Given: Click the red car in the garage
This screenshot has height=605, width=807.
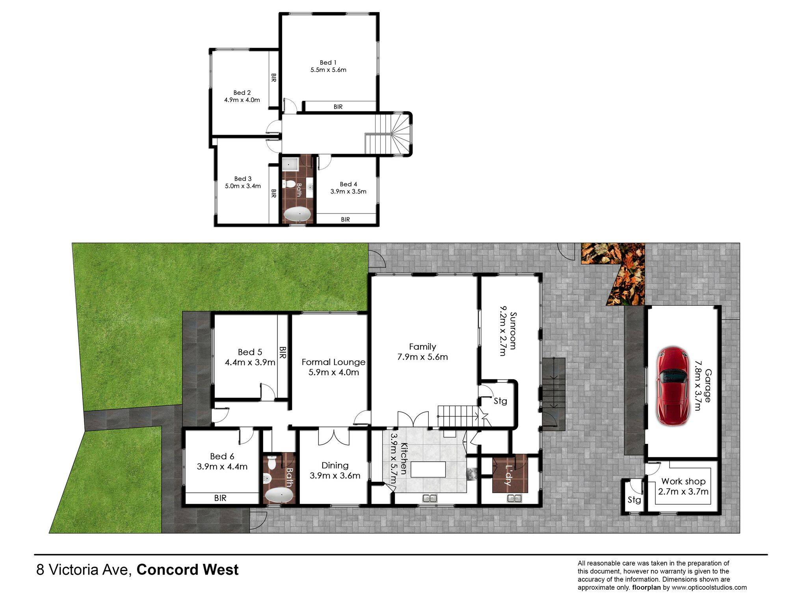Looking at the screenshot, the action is click(x=673, y=386).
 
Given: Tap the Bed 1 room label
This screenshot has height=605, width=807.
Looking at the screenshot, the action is click(x=328, y=63).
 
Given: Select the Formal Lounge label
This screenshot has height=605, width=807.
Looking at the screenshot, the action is click(x=333, y=362).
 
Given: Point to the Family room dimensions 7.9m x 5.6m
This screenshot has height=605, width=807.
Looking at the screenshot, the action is click(x=422, y=357).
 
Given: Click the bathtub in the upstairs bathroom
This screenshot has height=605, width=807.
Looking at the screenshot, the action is click(x=298, y=215).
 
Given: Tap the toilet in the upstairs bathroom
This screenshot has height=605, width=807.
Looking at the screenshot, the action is click(x=289, y=184).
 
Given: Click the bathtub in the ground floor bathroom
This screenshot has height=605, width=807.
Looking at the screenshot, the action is click(x=279, y=495).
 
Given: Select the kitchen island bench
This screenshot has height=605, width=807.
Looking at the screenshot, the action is click(x=428, y=470).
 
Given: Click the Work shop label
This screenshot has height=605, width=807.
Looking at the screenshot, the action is click(x=683, y=481).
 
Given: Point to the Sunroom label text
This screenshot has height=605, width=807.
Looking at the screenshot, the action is click(x=513, y=330).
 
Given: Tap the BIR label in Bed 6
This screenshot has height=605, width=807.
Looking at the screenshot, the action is click(x=220, y=498).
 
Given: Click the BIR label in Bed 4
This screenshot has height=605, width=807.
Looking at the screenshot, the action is click(x=346, y=219).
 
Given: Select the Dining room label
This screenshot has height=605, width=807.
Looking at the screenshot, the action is click(x=335, y=466).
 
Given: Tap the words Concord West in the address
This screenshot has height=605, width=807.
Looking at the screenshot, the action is click(x=188, y=570).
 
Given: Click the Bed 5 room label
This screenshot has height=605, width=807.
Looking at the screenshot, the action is click(x=250, y=352).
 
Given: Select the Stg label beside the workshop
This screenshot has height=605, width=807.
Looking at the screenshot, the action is click(x=634, y=500).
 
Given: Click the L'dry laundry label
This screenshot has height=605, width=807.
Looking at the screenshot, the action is click(x=510, y=475).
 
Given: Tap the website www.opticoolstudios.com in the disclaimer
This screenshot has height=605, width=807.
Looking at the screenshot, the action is click(x=709, y=588).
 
